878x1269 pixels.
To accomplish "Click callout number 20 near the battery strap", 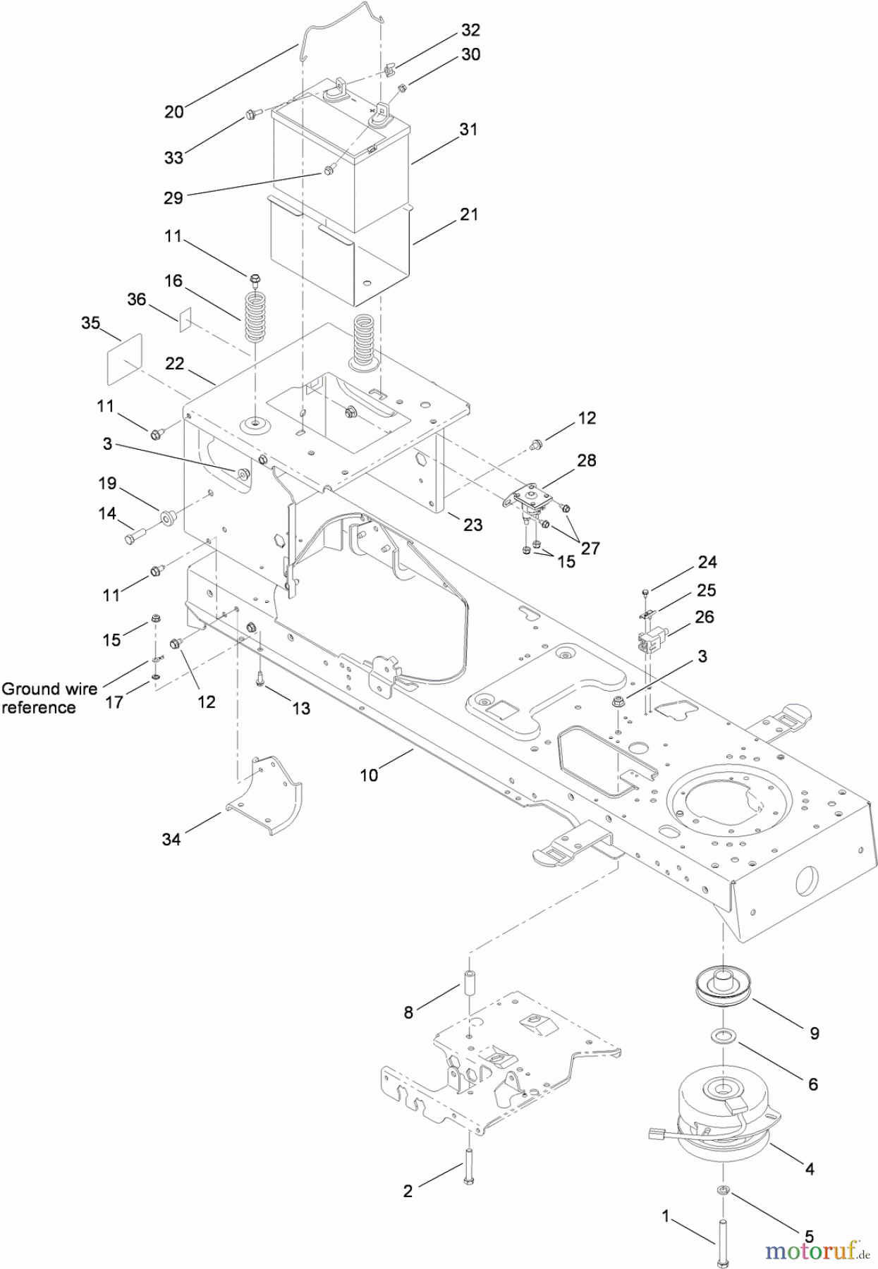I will [173, 111].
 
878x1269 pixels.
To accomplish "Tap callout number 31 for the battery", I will [468, 130].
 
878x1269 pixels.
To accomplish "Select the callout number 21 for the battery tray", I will [469, 214].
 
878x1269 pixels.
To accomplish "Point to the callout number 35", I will [90, 324].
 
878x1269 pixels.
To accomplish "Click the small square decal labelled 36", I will [185, 319].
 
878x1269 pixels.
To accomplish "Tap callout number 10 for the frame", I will [369, 775].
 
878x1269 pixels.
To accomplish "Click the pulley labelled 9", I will [722, 988].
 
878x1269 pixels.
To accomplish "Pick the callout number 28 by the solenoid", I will [586, 460].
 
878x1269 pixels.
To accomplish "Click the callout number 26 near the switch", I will [705, 617].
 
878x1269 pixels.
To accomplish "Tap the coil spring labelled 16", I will [258, 307].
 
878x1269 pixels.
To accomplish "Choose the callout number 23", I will [472, 525].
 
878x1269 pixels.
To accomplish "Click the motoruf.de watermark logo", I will [817, 1251].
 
